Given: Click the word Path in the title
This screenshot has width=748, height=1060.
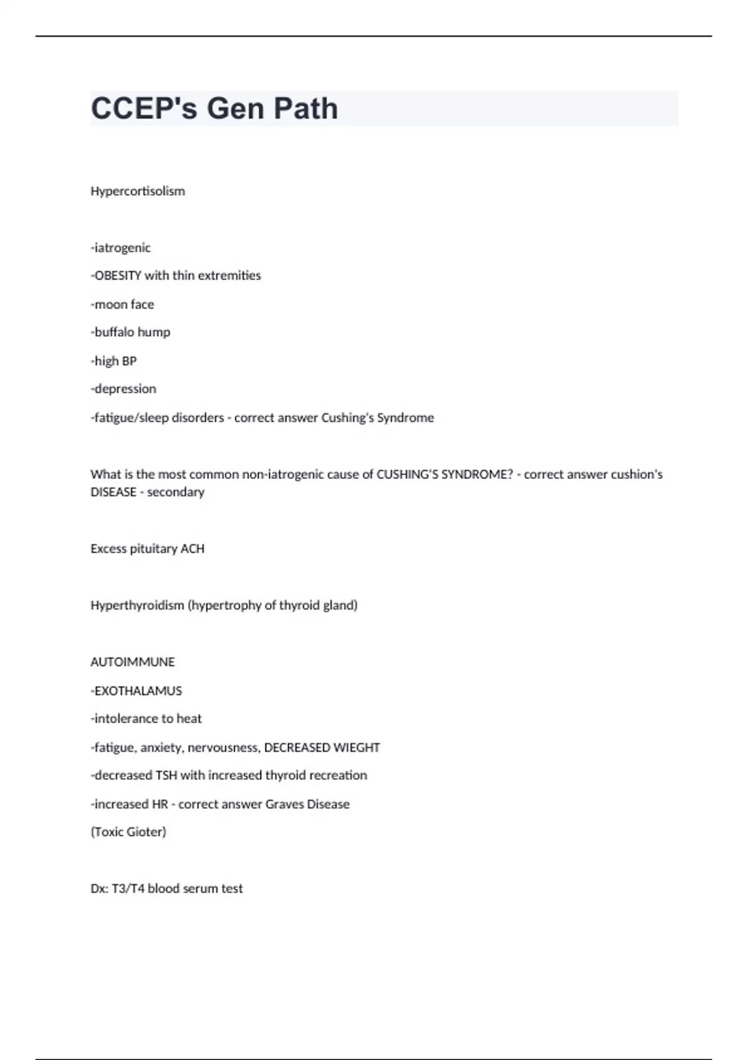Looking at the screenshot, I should pos(305,108).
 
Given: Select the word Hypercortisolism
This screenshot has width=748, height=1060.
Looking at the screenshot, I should pos(138,191).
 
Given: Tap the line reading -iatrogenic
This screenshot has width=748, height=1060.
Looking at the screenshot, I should pos(121,248).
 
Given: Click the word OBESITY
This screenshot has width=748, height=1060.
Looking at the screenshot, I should pos(118,276).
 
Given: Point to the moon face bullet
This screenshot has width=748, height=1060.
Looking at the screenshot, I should pos(123,304).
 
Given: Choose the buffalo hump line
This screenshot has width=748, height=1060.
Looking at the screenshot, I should pos(130,332).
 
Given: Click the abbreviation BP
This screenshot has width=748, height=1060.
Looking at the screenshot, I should pos(129,361).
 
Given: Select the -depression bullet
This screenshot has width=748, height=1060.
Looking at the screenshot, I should pos(123,389).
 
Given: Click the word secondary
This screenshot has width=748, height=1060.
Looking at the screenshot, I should pos(176,492).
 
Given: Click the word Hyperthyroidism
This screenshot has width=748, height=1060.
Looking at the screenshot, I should pos(137,605).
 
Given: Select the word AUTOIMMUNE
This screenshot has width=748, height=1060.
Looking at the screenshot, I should pos(133,662).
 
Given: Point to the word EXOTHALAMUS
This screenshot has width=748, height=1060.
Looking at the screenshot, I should pos(138,691).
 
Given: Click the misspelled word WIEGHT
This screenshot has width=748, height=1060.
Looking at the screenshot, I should pos(357,748).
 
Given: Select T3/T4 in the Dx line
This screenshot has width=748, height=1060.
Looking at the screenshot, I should pos(128,889).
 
